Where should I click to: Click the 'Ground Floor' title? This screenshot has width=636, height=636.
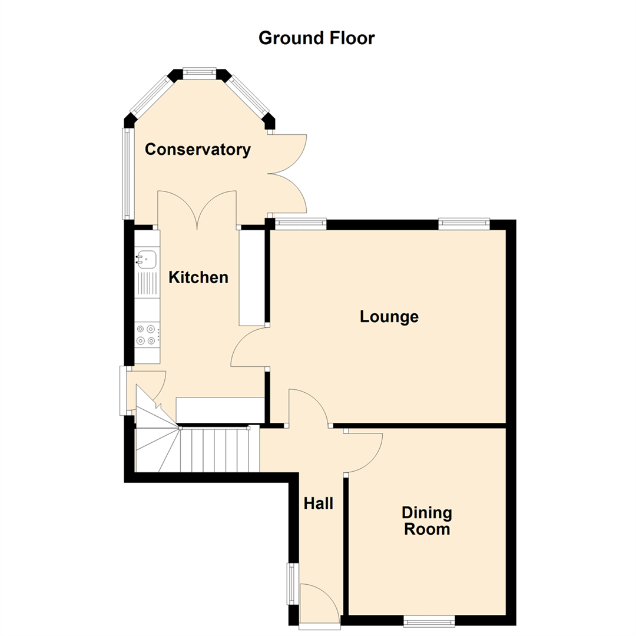click(x=316, y=38)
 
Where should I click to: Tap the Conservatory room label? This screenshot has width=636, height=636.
click(x=198, y=150)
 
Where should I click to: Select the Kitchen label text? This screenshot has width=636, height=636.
click(x=198, y=277)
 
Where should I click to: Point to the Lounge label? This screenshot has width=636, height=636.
click(x=389, y=317)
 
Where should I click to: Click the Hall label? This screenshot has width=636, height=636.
click(x=318, y=503)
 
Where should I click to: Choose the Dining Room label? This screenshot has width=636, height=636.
click(x=427, y=521)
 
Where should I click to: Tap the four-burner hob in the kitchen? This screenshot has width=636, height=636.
click(x=147, y=334)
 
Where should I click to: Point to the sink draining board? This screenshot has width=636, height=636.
click(x=147, y=284)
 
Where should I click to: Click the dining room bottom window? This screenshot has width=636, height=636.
click(x=429, y=620)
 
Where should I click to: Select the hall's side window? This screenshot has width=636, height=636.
click(x=292, y=583)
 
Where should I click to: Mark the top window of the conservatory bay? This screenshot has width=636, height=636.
click(x=199, y=73)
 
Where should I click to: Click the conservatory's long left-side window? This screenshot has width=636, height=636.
click(x=125, y=173)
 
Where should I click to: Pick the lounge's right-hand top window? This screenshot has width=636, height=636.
click(x=463, y=223)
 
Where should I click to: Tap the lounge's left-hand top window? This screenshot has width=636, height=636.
click(x=300, y=223)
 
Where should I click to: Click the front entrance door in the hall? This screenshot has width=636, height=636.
click(x=319, y=603)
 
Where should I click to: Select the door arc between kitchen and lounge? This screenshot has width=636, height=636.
click(x=248, y=347)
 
